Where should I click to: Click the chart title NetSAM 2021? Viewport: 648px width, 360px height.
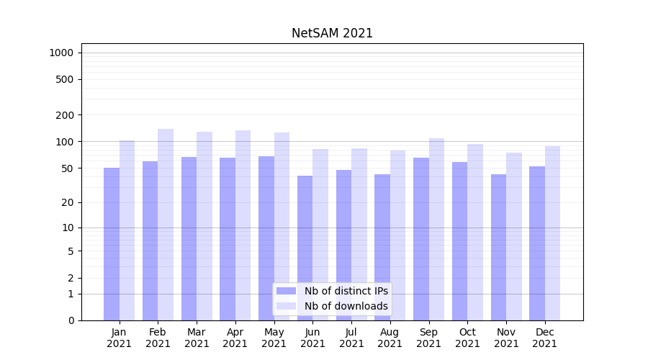332,33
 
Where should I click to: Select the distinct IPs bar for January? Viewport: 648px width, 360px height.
112,244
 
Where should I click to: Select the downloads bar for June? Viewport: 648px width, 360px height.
320,235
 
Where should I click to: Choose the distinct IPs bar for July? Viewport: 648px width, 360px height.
343,245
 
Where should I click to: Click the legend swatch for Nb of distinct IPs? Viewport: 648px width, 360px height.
286,291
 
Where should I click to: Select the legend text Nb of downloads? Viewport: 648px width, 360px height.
346,306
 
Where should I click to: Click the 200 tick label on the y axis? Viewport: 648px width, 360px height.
65,115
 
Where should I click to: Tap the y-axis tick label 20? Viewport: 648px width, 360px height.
67,203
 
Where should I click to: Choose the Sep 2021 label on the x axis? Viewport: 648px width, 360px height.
428,338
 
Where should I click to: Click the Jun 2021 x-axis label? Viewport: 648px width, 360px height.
312,338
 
